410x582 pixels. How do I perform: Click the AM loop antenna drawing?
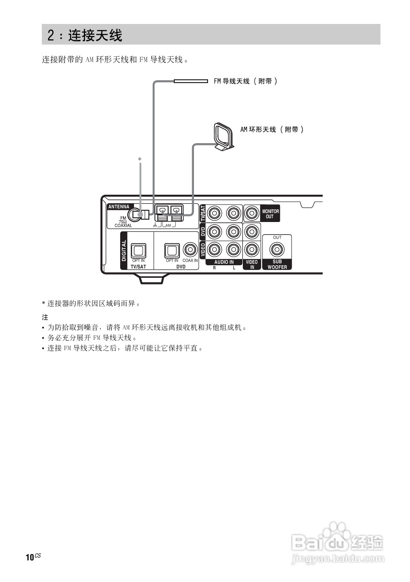point(223,137)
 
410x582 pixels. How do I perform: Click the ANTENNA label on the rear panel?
point(119,207)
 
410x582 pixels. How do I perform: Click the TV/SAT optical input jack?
point(139,250)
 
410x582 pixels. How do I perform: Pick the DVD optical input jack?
point(171,250)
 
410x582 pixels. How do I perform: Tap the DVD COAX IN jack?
point(190,250)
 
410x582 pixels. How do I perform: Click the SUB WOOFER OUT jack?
point(277,249)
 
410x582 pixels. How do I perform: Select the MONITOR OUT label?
point(270,214)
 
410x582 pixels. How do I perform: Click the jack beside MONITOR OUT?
point(252,214)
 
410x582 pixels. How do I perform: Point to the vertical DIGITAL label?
point(124,251)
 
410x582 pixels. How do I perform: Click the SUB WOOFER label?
point(277,265)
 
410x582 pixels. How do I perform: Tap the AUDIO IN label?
point(224,262)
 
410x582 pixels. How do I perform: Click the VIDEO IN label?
point(252,265)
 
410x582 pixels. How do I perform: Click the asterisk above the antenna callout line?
point(139,160)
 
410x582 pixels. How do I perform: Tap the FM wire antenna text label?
point(246,81)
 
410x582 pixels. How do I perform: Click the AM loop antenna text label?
point(272,129)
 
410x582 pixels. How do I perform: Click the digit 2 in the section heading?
point(51,35)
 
